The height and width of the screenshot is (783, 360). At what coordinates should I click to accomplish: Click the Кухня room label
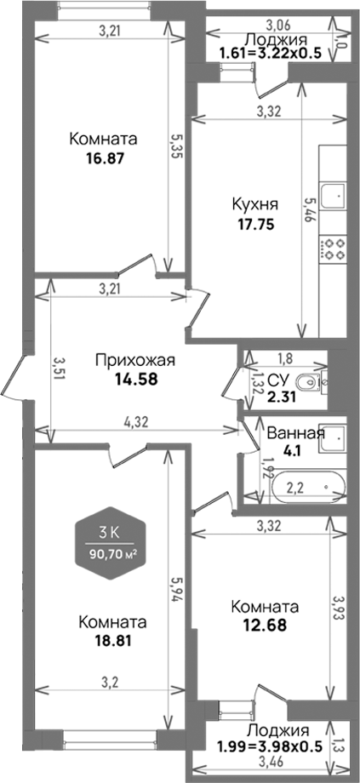click(x=254, y=204)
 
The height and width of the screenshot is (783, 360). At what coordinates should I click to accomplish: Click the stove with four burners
click(x=333, y=249)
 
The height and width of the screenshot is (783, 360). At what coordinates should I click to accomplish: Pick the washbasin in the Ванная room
click(x=335, y=438)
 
